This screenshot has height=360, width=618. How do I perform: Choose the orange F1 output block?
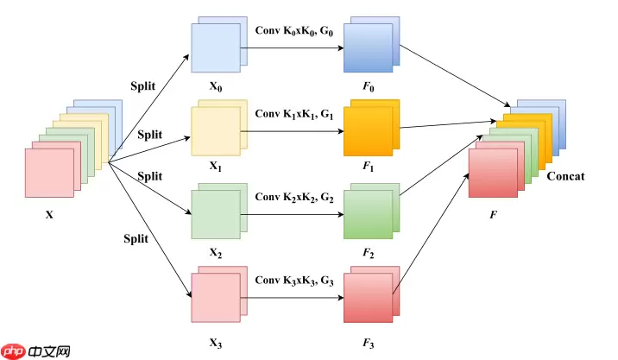[369, 130]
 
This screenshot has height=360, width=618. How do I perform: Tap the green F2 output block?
[369, 212]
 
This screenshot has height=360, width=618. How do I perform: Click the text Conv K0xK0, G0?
[293, 31]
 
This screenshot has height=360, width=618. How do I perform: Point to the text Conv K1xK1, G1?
[293, 114]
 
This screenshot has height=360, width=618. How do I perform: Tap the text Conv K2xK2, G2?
[293, 197]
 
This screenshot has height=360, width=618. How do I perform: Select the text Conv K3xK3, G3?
[293, 280]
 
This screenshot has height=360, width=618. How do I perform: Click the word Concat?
[565, 176]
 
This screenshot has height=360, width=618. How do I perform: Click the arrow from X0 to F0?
[293, 48]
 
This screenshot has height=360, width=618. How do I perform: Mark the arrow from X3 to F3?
[293, 299]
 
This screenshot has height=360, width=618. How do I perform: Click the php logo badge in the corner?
[13, 351]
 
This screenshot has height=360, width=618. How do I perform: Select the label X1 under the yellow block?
[215, 170]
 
